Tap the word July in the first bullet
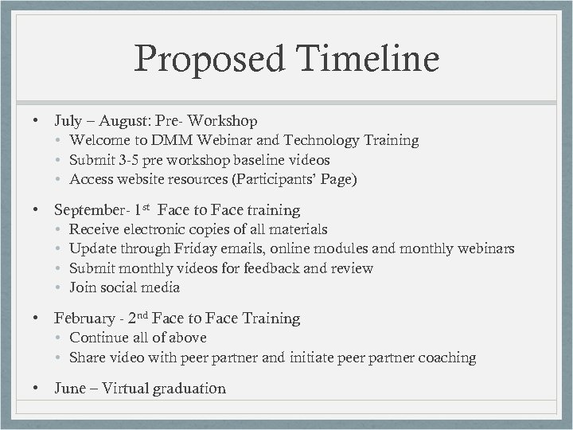point(67,121)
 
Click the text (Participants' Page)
point(294,179)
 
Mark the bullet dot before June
point(37,389)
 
